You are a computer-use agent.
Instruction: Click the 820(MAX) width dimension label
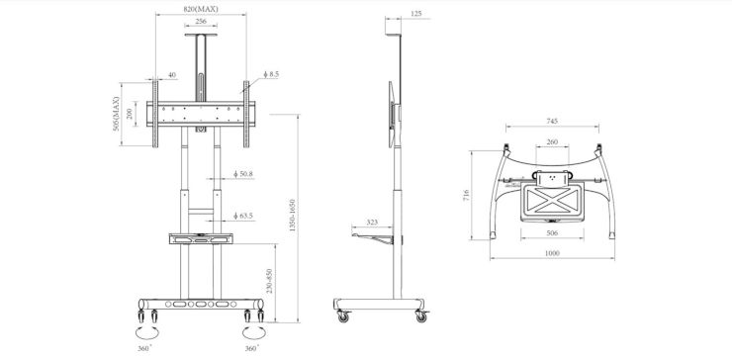coord(201,9)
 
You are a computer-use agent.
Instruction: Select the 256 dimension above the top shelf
coord(201,22)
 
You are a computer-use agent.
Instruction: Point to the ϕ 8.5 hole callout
coord(271,74)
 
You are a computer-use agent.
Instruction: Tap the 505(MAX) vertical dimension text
coord(117,114)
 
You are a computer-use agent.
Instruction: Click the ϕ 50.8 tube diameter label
coord(243,174)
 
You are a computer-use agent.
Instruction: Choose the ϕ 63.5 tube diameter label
coord(243,216)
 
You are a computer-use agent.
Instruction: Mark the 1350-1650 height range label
coord(293,216)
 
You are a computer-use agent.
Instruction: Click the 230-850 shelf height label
coord(270,281)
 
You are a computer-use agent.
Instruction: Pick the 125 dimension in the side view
coord(416,14)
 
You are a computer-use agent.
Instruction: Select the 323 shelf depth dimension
coord(372,223)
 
